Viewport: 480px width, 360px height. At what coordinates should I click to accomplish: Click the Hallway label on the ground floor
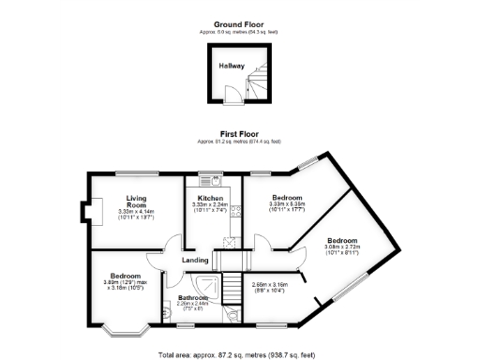(232, 66)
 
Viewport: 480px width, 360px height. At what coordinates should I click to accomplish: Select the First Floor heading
(240, 134)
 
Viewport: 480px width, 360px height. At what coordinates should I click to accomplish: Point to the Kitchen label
(210, 198)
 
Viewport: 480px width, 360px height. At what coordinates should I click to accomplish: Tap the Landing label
(195, 260)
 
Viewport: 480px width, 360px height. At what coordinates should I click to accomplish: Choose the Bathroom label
(192, 298)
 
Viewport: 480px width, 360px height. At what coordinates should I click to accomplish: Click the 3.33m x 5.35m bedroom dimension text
(287, 208)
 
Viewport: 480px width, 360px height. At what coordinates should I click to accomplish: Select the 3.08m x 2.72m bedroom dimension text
(343, 249)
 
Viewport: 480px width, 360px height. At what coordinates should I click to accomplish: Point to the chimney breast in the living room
(87, 213)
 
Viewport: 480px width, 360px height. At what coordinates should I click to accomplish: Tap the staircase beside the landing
(228, 259)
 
